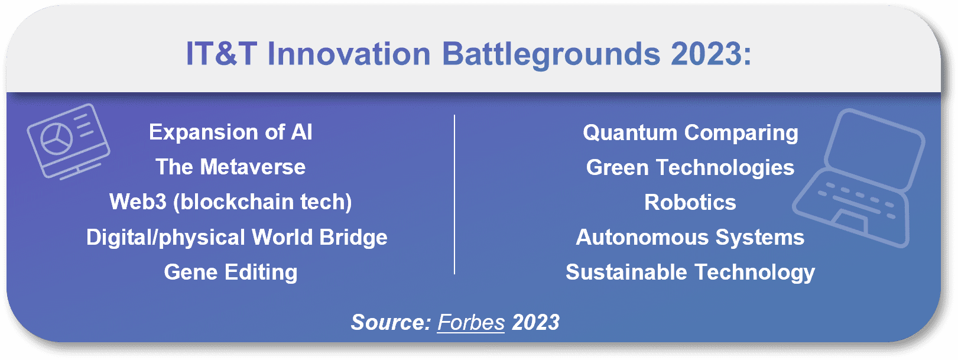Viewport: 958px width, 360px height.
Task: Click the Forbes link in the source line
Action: pyautogui.click(x=471, y=322)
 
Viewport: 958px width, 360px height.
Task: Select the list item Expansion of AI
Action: pyautogui.click(x=230, y=132)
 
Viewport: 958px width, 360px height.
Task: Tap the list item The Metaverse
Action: pyautogui.click(x=230, y=167)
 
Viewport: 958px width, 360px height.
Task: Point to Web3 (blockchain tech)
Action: pyautogui.click(x=230, y=202)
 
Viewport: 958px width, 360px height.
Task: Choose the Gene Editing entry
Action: pyautogui.click(x=230, y=273)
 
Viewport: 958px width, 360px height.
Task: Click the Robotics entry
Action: pyautogui.click(x=690, y=202)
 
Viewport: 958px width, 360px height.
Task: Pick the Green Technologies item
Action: pyautogui.click(x=690, y=168)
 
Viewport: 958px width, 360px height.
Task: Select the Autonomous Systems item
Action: pyautogui.click(x=690, y=238)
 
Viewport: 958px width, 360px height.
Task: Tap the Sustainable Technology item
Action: pyautogui.click(x=690, y=273)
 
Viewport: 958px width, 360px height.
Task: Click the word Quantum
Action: pyautogui.click(x=630, y=133)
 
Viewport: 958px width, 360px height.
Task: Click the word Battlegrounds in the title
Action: pyautogui.click(x=551, y=55)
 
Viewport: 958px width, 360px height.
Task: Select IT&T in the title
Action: pyautogui.click(x=222, y=54)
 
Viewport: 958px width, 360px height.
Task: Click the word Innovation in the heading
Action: pyautogui.click(x=349, y=54)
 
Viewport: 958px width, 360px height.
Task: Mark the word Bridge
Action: pyautogui.click(x=353, y=238)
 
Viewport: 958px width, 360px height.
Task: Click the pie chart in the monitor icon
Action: pyautogui.click(x=56, y=139)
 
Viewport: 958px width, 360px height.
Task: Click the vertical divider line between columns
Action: pyautogui.click(x=454, y=194)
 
